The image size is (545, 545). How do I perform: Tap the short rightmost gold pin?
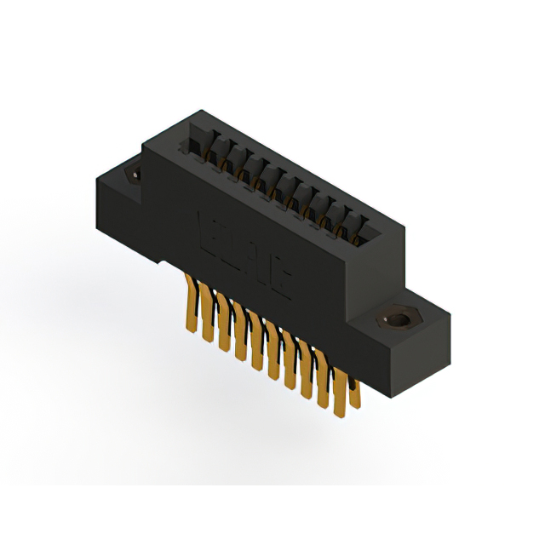(x=354, y=392)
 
